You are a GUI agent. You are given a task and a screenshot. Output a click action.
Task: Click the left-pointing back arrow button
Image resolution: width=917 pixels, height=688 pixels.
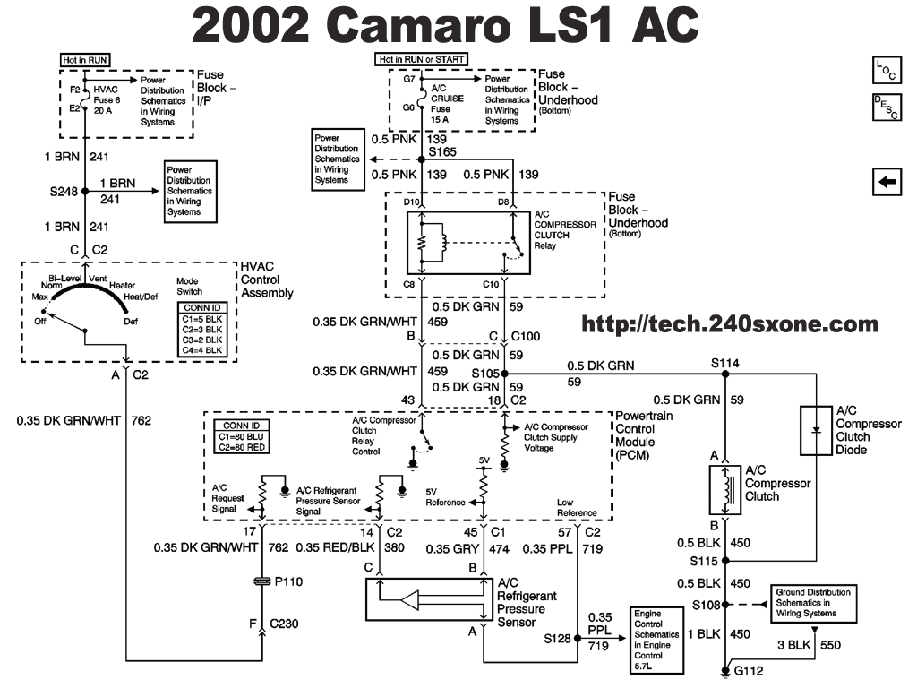tap(887, 182)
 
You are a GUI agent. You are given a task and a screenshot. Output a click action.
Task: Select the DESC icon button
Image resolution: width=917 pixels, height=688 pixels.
tap(886, 107)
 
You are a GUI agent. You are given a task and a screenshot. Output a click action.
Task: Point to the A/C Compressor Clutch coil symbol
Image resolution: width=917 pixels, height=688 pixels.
tap(727, 489)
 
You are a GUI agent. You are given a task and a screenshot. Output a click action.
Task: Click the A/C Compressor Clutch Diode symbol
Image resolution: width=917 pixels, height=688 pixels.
tap(816, 429)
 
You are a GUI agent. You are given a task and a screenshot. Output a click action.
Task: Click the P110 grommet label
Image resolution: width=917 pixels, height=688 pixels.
tap(289, 580)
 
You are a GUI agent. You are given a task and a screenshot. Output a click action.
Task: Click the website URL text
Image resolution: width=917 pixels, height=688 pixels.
tap(730, 324)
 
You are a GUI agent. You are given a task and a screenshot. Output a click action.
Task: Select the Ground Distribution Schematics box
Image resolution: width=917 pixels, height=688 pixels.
tap(812, 603)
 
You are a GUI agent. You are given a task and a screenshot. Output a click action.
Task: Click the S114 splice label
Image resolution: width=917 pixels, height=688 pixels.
tap(725, 363)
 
